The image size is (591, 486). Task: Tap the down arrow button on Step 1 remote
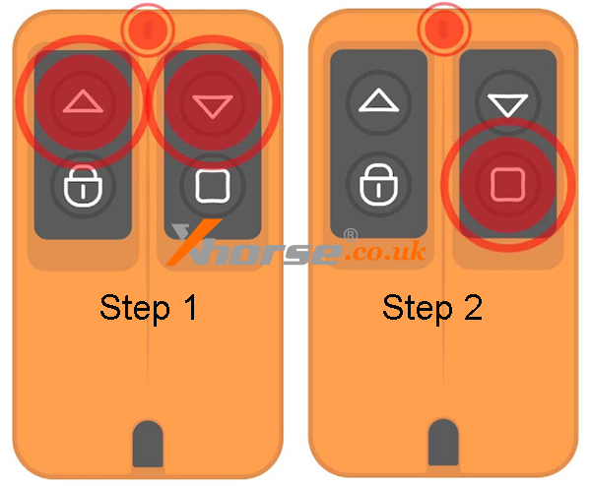(213, 102)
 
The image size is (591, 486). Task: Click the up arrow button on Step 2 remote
(378, 101)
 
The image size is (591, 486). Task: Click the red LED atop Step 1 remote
(148, 30)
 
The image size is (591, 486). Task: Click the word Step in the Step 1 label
(135, 309)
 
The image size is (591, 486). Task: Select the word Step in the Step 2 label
(418, 309)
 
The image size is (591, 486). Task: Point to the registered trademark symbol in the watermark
(351, 235)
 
